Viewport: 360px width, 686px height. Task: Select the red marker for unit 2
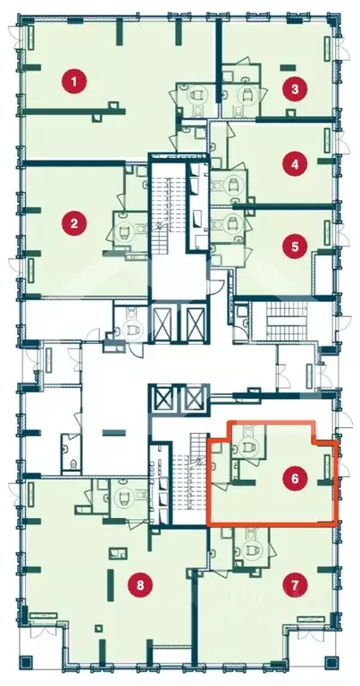[x=74, y=223]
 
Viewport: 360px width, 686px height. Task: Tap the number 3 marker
[x=295, y=89]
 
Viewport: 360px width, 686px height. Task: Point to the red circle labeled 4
[x=295, y=164]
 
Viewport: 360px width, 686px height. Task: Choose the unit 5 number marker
[x=295, y=247]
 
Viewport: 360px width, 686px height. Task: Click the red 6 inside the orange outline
[x=295, y=479]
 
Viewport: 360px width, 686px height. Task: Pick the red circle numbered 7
[x=295, y=585]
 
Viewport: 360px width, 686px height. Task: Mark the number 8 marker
[x=140, y=585]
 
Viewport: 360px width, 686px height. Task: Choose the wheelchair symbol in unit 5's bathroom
[x=232, y=228]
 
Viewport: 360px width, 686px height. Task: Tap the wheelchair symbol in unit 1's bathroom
[x=197, y=96]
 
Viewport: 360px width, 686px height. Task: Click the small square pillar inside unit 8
[x=99, y=629]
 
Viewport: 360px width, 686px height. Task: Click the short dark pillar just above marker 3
[x=288, y=68]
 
